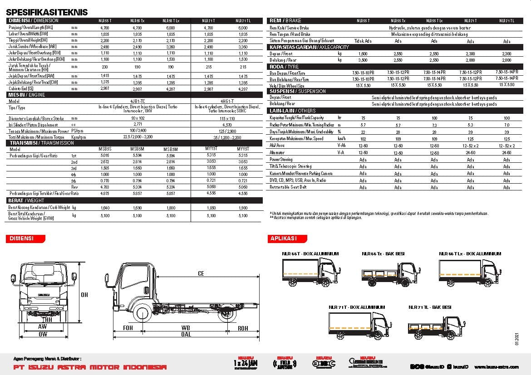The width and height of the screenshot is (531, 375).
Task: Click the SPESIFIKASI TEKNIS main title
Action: (47, 13)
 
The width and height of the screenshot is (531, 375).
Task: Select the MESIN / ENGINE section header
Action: (27, 95)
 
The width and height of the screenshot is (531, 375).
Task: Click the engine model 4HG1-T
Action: (227, 102)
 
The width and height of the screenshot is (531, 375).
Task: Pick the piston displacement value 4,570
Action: (227, 125)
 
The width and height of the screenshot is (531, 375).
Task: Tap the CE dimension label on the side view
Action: (201, 273)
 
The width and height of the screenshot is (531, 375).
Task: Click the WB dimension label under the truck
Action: (186, 327)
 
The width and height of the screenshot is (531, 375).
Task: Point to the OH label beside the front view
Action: (84, 295)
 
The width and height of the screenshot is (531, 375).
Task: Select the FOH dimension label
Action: (128, 327)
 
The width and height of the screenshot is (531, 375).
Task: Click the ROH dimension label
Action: (243, 327)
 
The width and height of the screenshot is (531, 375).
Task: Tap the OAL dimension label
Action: (186, 335)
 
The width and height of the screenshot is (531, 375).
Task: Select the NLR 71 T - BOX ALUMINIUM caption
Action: (357, 307)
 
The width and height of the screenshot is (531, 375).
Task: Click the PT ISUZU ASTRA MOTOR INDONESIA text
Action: (88, 367)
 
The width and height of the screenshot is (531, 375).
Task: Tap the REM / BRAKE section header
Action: (285, 21)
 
